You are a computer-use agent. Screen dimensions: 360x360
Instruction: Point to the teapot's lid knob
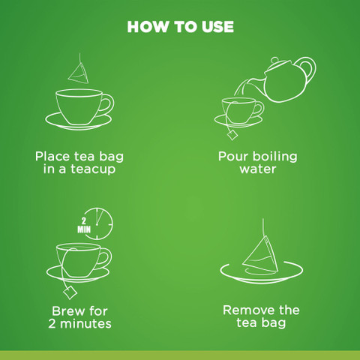coord(274,60)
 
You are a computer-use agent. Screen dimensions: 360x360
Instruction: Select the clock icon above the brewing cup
coord(98,223)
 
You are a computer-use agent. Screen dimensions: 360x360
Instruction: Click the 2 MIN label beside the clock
coord(84,225)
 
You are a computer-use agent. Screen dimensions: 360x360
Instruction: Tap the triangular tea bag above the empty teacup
coord(78,73)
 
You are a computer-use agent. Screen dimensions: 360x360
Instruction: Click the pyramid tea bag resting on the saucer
coord(260,255)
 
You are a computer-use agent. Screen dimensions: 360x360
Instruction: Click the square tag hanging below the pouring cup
coord(232,135)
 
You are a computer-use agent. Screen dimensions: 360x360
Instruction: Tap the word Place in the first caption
coord(52,157)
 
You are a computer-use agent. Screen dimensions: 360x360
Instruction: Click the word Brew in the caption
coord(67,311)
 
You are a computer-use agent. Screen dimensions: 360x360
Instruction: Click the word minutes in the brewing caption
coord(85,323)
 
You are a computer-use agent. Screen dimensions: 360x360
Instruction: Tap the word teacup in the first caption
coord(93,169)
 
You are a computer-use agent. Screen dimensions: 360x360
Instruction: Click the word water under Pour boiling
coord(258,169)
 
